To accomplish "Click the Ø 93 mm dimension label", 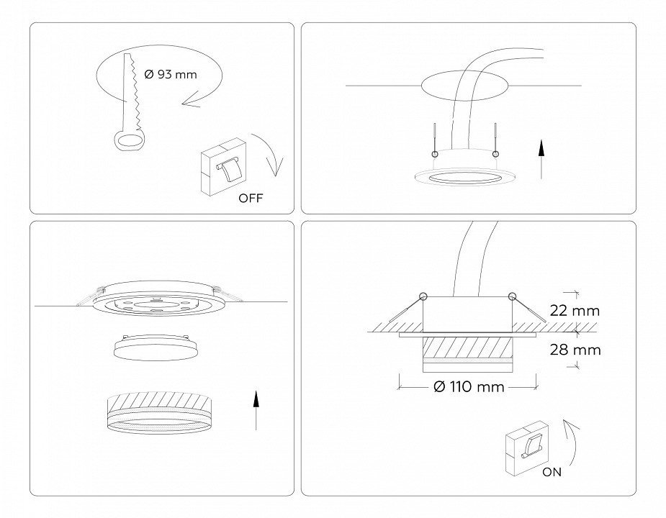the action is (171, 75).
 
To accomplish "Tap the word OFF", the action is (251, 198).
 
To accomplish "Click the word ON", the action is (552, 472).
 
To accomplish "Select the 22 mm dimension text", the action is (575, 311).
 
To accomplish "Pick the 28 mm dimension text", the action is (575, 350).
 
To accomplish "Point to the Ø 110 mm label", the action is (469, 387).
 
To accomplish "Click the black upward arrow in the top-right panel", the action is (541, 160).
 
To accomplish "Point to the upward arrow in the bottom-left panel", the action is (256, 411).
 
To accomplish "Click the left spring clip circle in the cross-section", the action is (423, 296).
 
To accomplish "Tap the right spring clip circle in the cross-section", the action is (512, 296).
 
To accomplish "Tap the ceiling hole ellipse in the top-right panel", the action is (465, 86).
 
